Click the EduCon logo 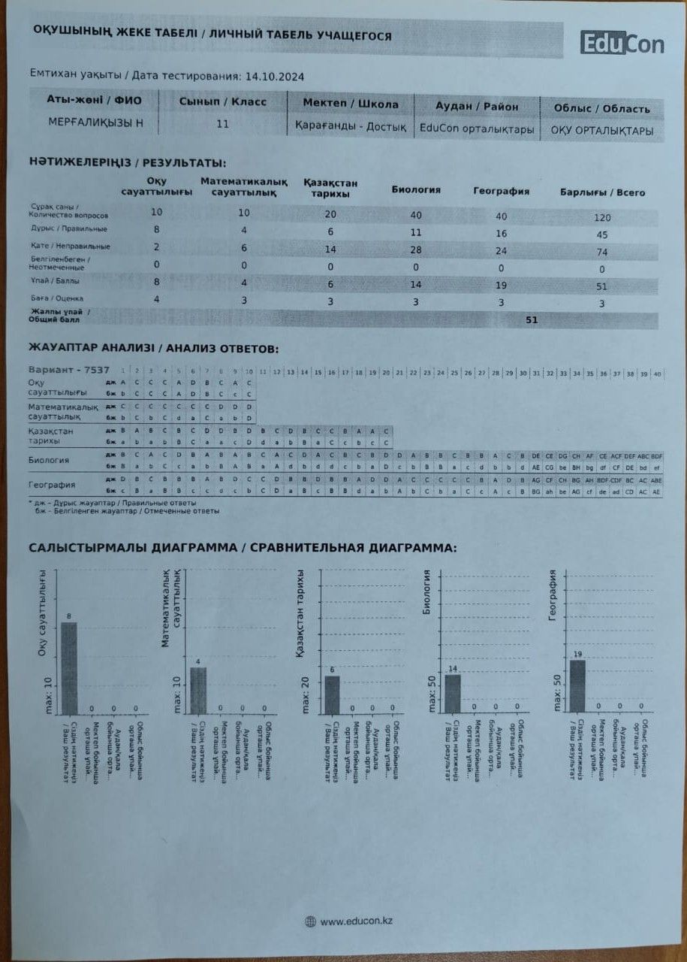tap(621, 44)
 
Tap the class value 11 tap(222, 124)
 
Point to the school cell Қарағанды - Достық tap(351, 126)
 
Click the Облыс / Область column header tap(601, 108)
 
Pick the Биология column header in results tap(415, 190)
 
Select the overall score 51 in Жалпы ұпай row tap(531, 319)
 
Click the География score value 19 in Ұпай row tap(501, 286)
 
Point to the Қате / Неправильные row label tap(70, 247)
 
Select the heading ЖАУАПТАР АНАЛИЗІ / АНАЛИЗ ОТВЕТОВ tap(153, 349)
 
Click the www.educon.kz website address tap(357, 921)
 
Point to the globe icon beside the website tap(310, 921)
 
